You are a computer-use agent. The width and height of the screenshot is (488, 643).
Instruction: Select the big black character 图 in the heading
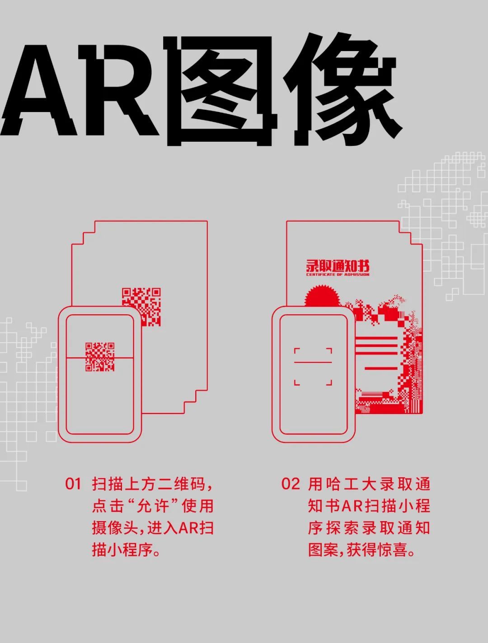pyautogui.click(x=222, y=91)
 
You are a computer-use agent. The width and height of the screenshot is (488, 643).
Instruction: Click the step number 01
pyautogui.click(x=73, y=484)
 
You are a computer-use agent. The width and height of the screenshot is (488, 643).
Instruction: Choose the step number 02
pyautogui.click(x=291, y=484)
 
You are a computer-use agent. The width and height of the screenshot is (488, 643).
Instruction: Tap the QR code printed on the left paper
pyautogui.click(x=141, y=307)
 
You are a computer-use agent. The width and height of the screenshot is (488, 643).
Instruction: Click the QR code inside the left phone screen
pyautogui.click(x=100, y=357)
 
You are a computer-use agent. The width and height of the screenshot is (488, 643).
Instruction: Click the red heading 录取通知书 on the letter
pyautogui.click(x=338, y=266)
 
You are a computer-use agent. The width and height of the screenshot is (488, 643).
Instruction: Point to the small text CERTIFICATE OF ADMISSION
pyautogui.click(x=338, y=275)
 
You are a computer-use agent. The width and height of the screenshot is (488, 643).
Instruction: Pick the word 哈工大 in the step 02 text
pyautogui.click(x=343, y=484)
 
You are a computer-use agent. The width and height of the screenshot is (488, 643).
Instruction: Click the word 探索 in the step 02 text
pyautogui.click(x=343, y=528)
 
